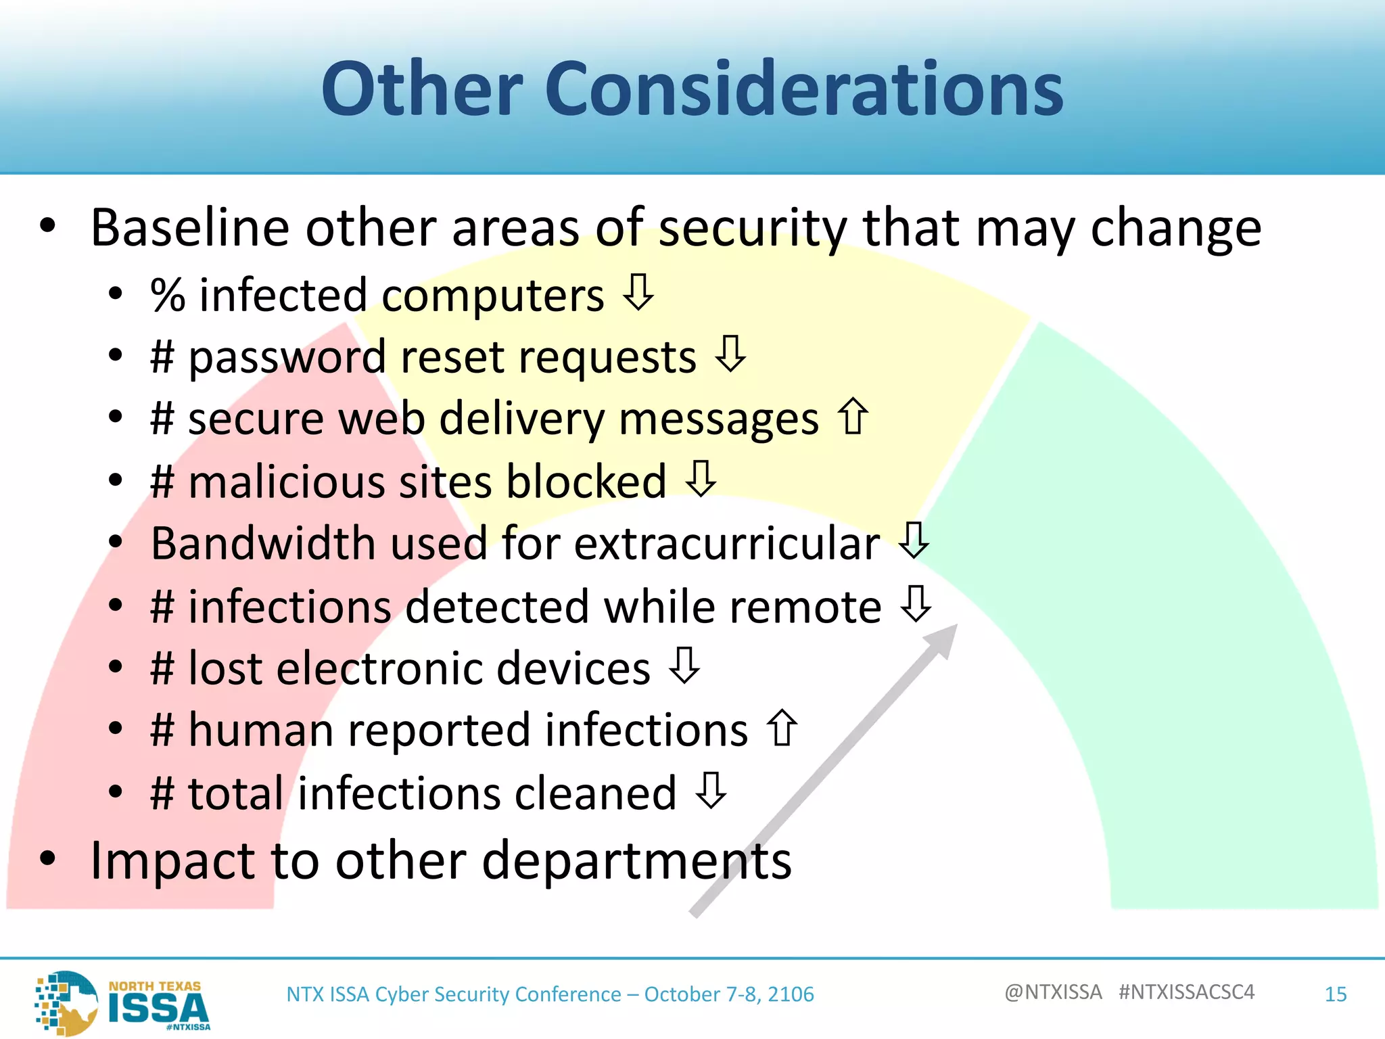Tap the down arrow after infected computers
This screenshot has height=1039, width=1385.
[638, 292]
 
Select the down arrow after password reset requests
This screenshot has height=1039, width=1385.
[730, 354]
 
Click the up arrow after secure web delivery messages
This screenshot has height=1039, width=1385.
[853, 416]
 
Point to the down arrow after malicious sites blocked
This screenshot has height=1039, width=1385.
[701, 478]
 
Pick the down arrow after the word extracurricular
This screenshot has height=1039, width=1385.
[914, 540]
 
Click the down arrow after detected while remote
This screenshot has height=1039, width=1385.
[916, 603]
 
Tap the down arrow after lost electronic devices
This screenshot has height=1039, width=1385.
[684, 666]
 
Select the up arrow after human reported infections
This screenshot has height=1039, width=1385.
[782, 728]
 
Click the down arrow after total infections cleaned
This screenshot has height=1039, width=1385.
[711, 791]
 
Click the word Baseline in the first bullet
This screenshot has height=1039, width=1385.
[190, 228]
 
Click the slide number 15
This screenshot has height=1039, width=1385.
[1335, 994]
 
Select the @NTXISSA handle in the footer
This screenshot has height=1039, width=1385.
[1053, 992]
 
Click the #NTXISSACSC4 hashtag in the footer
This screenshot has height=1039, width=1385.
[1186, 992]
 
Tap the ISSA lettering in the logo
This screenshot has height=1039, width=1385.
[158, 1009]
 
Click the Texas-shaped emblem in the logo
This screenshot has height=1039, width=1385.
[68, 1002]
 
